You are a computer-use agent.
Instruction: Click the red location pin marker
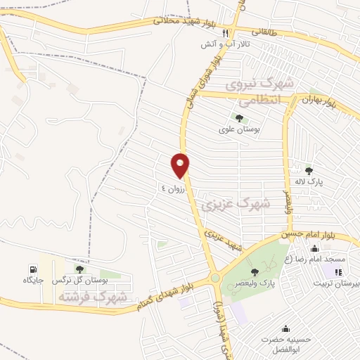(x=181, y=165)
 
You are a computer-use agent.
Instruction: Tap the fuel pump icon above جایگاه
(x=32, y=270)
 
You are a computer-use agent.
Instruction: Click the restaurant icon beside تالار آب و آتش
(x=226, y=33)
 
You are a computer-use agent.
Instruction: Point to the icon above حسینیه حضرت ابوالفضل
(x=285, y=328)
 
